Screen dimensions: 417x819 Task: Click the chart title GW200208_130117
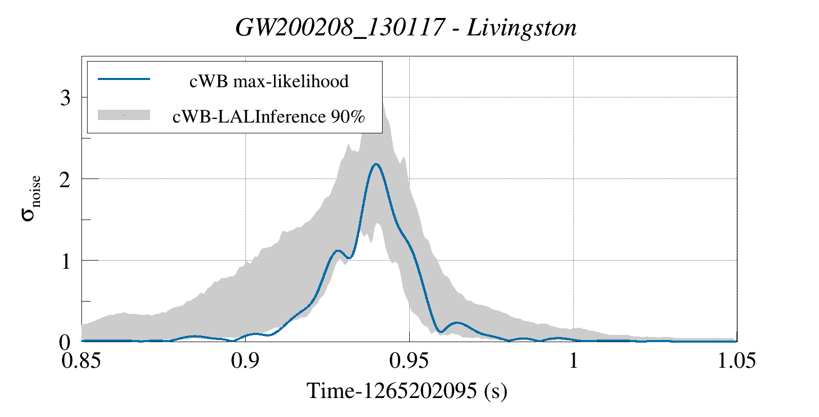pos(339,28)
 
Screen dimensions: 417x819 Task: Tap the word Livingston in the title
pos(521,28)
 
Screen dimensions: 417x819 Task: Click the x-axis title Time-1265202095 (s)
pos(407,391)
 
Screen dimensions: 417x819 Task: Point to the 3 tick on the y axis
pos(65,97)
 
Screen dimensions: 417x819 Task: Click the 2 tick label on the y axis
pos(65,179)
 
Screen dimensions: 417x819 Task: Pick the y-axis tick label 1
pos(65,261)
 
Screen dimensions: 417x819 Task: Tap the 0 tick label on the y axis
pos(65,342)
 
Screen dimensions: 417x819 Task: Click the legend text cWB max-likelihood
pos(269,81)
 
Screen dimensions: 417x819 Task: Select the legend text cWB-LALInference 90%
pos(269,116)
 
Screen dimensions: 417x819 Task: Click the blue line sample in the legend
pos(123,79)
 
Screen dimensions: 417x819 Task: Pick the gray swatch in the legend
pos(123,115)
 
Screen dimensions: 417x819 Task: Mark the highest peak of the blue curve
pos(376,164)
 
